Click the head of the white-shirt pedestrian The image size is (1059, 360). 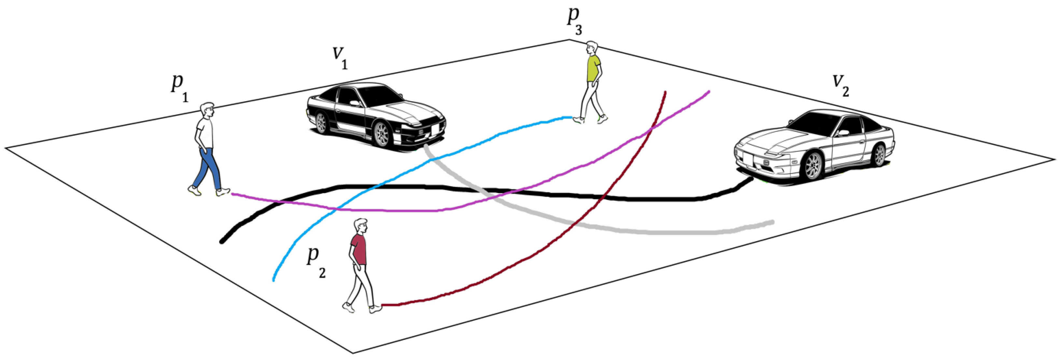(207, 110)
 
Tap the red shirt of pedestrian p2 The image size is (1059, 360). (359, 249)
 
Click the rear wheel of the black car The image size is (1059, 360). (321, 122)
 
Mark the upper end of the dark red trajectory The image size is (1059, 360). (665, 93)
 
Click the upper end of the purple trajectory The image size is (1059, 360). (708, 92)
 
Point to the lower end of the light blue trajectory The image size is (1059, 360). (274, 280)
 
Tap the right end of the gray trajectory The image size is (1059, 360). (772, 222)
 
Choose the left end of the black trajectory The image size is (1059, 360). (222, 242)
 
